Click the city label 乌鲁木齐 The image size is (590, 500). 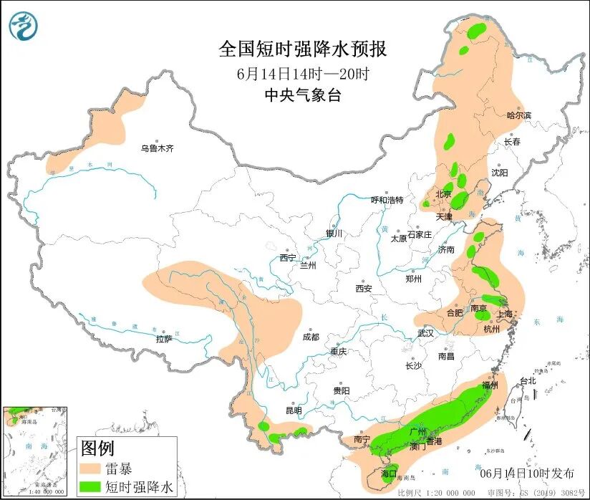click(x=157, y=148)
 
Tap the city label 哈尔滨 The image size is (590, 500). click(x=519, y=115)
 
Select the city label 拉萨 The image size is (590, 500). click(x=164, y=339)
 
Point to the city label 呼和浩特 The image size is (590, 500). click(x=387, y=200)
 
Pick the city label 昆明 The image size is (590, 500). click(x=294, y=410)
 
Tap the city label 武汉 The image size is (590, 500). click(x=426, y=333)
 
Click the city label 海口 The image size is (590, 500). click(x=389, y=473)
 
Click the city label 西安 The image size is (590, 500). click(x=364, y=289)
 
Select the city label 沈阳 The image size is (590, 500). click(x=499, y=173)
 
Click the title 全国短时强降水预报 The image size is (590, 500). click(x=303, y=49)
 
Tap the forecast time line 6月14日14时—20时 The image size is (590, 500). click(x=303, y=73)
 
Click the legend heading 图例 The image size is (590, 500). click(x=97, y=448)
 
